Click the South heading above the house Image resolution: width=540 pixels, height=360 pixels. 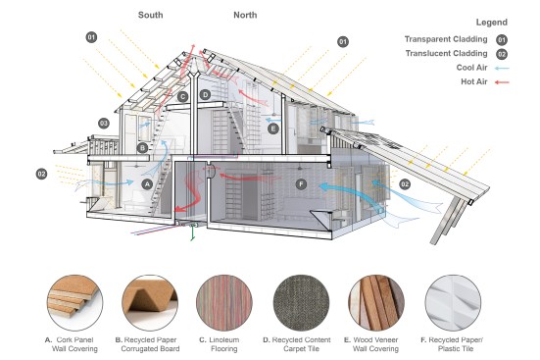(151, 15)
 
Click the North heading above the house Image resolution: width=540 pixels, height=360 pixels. (245, 15)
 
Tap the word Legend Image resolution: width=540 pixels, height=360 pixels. (491, 23)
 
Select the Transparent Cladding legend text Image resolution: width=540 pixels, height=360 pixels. (446, 39)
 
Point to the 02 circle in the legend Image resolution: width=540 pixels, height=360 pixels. (502, 54)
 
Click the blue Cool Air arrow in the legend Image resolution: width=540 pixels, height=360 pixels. (502, 69)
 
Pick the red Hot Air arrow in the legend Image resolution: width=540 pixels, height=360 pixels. (502, 82)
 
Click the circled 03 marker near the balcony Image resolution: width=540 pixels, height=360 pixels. (104, 124)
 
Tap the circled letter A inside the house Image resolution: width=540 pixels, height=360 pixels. (147, 184)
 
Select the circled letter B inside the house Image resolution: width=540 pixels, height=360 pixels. (142, 148)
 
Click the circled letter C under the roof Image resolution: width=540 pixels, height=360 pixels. (183, 96)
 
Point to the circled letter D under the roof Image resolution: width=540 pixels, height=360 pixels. (205, 94)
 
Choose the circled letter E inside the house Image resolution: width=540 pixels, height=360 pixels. (273, 129)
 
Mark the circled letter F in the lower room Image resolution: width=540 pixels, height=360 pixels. (301, 184)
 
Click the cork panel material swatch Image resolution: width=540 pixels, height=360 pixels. (74, 303)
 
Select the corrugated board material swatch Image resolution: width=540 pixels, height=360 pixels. (150, 303)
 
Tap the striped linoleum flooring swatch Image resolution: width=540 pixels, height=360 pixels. (224, 303)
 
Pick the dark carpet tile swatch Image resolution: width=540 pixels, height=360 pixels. (301, 303)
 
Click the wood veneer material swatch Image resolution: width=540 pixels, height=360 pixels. (376, 303)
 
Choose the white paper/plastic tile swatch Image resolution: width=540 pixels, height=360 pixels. (453, 303)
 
